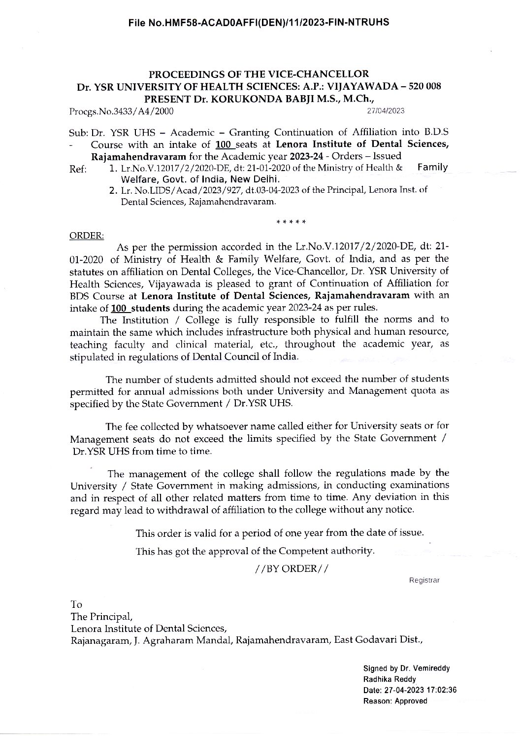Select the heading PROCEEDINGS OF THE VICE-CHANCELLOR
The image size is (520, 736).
coord(259,74)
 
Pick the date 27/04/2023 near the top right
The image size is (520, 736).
coord(386,110)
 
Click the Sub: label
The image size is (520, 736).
coord(79,133)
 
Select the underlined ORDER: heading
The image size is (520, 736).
coord(87,236)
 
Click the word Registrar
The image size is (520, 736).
coord(424,580)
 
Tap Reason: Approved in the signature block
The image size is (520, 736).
coord(395,701)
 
